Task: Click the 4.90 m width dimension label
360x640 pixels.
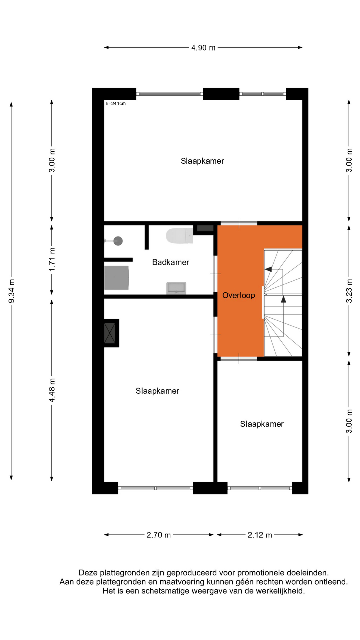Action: click(x=203, y=48)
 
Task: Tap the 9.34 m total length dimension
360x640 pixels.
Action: click(x=12, y=291)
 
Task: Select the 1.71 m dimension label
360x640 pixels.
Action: click(x=52, y=260)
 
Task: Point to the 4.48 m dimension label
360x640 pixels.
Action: click(x=52, y=390)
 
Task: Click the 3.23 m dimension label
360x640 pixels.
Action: click(x=349, y=291)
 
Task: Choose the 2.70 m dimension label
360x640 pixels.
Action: click(x=159, y=535)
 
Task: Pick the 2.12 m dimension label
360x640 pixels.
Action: click(x=260, y=535)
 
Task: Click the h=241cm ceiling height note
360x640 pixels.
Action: click(x=116, y=104)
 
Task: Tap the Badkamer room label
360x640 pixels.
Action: click(x=171, y=262)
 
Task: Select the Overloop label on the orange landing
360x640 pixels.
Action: click(x=239, y=295)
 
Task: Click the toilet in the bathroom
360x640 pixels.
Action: click(x=179, y=236)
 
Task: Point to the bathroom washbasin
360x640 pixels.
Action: click(x=176, y=288)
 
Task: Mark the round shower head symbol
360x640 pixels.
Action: click(x=118, y=241)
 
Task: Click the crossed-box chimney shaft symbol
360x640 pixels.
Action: click(x=110, y=333)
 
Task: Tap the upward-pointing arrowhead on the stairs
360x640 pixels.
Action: click(x=283, y=299)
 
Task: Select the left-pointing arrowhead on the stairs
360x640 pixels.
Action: click(x=268, y=269)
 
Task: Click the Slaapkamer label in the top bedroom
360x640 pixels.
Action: click(x=202, y=161)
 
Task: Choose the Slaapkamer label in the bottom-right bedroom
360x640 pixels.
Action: click(x=262, y=424)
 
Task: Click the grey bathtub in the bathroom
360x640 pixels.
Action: click(x=117, y=278)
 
